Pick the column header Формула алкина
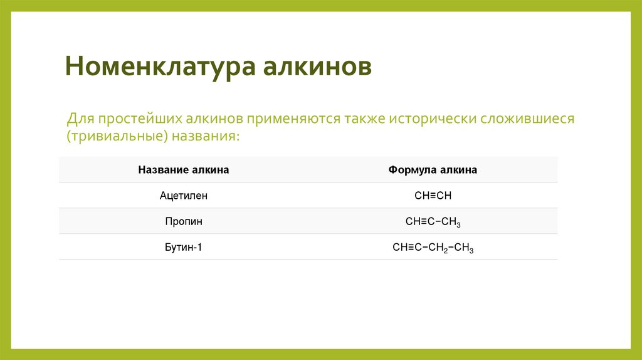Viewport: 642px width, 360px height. (x=433, y=170)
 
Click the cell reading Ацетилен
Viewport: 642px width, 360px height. (x=184, y=196)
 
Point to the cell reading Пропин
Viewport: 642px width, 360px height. (x=184, y=221)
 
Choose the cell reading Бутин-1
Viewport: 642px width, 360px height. (x=184, y=247)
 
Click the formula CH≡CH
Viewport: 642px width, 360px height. (x=433, y=196)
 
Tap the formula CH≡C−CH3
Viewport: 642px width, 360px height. (x=433, y=221)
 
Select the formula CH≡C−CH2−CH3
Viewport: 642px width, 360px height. (x=433, y=247)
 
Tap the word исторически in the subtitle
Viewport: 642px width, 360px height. (x=433, y=119)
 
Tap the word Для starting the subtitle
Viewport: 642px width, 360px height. (x=80, y=119)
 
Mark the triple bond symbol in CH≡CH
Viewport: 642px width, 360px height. (x=433, y=196)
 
